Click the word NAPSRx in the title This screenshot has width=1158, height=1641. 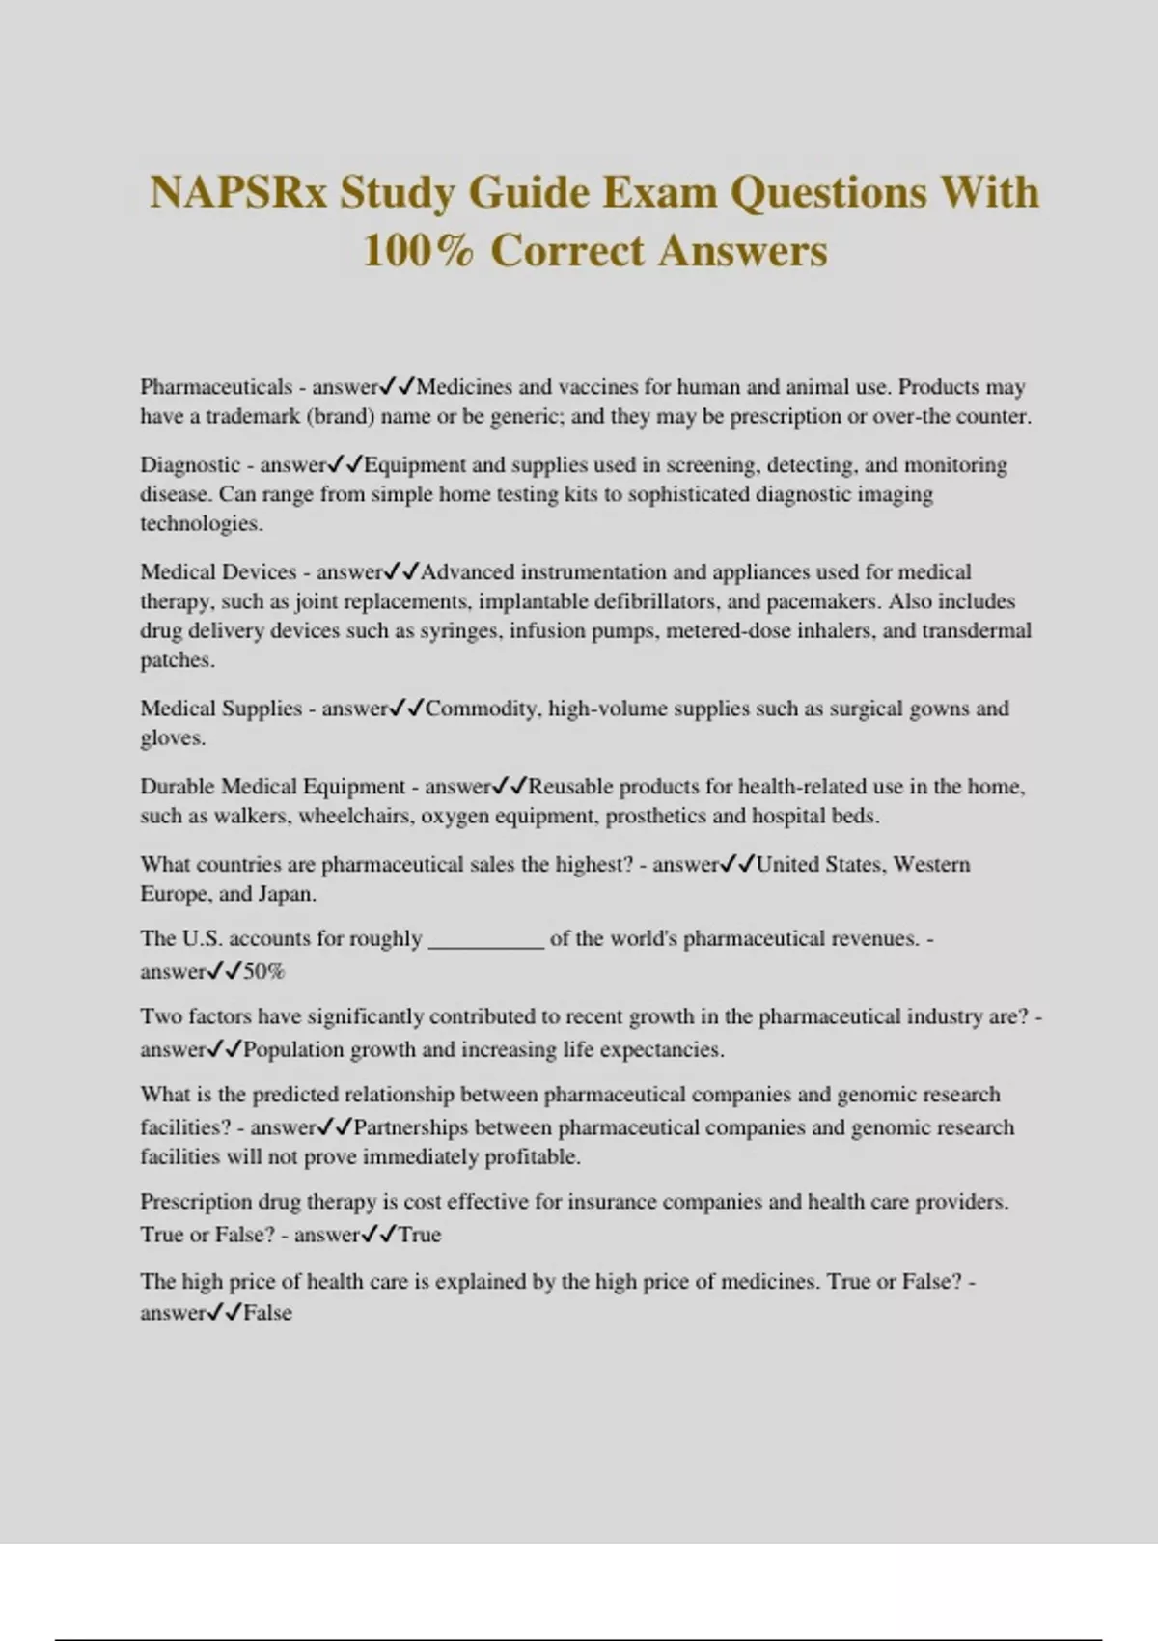pyautogui.click(x=237, y=192)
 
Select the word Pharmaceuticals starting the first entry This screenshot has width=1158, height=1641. pyautogui.click(x=216, y=387)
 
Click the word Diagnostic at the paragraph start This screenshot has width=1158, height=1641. pyautogui.click(x=190, y=465)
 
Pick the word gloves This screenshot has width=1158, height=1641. pyautogui.click(x=172, y=738)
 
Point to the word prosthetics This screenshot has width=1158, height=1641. pyautogui.click(x=656, y=817)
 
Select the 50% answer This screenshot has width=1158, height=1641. pyautogui.click(x=263, y=972)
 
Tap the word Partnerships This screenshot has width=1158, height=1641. pyautogui.click(x=411, y=1128)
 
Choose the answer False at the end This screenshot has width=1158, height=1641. pyautogui.click(x=267, y=1313)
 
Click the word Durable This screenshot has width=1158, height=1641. pyautogui.click(x=178, y=787)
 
